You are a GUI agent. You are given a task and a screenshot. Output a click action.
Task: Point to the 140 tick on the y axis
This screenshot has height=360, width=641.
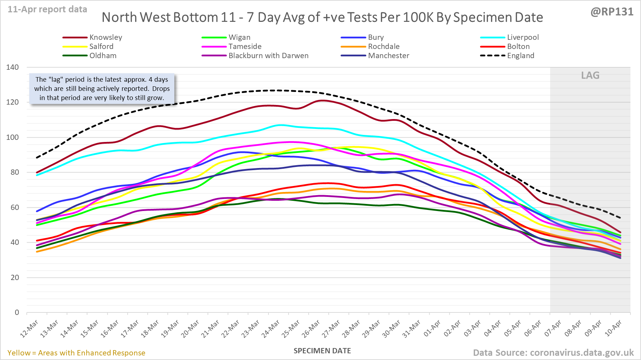[13, 67]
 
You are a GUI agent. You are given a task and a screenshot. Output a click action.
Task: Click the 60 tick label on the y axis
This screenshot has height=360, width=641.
[14, 207]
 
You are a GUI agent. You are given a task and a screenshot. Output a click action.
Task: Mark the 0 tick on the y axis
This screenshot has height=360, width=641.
[17, 312]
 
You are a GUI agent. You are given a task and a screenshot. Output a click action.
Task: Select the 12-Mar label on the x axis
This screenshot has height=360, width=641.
[29, 329]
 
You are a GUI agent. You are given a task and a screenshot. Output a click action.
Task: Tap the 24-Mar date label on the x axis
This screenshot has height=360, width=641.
[270, 329]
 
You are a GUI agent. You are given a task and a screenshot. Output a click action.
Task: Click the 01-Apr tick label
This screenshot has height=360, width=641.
[432, 329]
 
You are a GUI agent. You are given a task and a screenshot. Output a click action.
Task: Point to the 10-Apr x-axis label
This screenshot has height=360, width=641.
[613, 329]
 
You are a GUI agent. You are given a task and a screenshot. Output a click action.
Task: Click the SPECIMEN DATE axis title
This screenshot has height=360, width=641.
[322, 351]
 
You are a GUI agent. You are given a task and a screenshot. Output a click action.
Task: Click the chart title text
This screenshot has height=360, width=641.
[322, 17]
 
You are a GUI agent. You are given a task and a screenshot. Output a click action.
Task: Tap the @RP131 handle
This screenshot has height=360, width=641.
[612, 12]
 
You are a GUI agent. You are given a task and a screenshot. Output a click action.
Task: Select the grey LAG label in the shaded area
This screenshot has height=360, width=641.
[590, 75]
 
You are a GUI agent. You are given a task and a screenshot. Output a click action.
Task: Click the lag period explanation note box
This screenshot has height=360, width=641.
[102, 89]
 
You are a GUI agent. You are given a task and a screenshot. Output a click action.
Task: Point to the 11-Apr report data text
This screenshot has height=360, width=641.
[48, 10]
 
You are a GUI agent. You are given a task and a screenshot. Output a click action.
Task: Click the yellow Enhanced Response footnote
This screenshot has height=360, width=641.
[76, 353]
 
